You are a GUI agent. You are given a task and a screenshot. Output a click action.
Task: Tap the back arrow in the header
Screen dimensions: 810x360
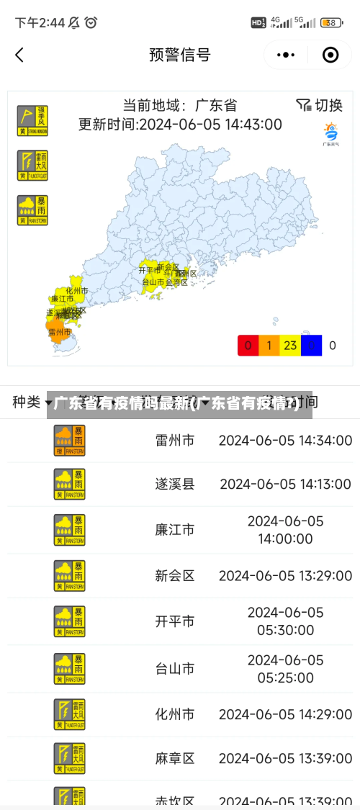[x=19, y=55]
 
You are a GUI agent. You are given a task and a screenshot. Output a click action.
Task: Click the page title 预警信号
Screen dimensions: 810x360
[x=180, y=55]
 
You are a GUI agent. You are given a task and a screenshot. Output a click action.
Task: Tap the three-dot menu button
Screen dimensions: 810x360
[x=286, y=55]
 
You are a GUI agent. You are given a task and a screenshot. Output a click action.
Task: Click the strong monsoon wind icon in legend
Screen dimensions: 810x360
[x=32, y=120]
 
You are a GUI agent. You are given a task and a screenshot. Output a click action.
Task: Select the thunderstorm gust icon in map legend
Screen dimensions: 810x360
[x=32, y=165]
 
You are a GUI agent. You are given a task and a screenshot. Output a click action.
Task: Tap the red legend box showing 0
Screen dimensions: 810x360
[x=248, y=346]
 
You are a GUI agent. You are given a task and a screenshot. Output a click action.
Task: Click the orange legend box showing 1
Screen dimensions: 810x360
[x=269, y=346]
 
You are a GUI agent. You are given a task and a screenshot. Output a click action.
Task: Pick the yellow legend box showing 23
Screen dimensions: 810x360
[x=290, y=346]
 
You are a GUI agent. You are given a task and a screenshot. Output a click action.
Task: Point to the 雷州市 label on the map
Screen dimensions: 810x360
[x=59, y=332]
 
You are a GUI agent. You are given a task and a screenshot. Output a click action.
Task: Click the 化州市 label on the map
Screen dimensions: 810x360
[x=76, y=290]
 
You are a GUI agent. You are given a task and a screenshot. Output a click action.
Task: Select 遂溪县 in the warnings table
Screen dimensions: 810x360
[x=175, y=484]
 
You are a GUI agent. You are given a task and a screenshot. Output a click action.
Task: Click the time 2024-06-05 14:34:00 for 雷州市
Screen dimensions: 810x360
[x=285, y=440]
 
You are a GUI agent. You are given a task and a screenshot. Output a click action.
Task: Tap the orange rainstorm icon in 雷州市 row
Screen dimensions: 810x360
[x=69, y=440]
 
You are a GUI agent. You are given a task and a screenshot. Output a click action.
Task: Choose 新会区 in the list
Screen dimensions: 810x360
[x=175, y=575]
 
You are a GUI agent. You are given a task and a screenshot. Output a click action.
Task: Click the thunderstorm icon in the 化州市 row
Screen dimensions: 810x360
[x=69, y=714]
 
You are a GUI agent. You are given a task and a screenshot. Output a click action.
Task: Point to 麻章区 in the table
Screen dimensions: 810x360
[x=175, y=758]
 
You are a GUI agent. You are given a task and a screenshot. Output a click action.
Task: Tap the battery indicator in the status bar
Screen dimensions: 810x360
[x=331, y=22]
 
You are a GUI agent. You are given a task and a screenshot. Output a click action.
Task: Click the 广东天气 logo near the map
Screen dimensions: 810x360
[x=330, y=134]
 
